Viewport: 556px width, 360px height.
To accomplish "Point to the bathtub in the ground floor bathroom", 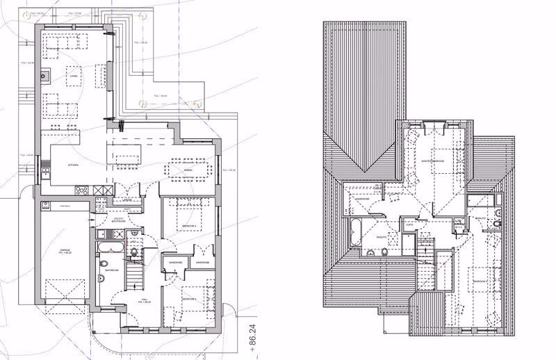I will pos(111,248).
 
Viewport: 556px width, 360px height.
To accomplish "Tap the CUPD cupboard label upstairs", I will pos(410,225).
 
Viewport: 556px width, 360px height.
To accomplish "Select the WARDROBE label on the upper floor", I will pos(362,199).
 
